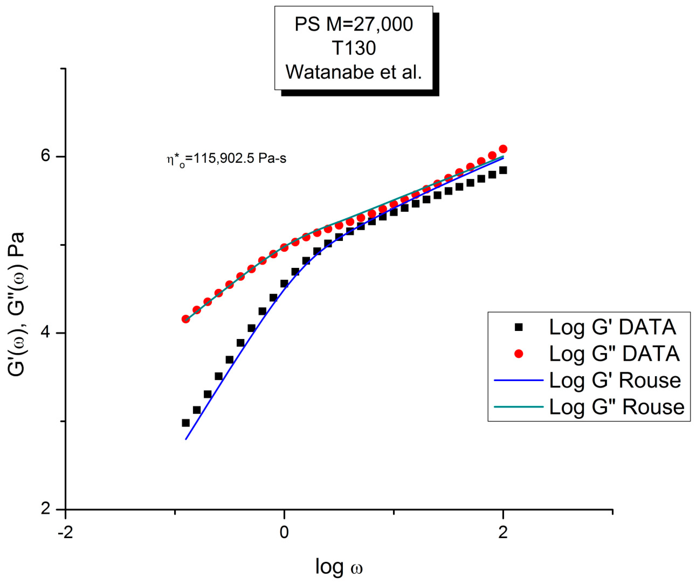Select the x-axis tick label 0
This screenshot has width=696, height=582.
point(284,533)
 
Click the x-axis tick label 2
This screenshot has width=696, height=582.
point(503,533)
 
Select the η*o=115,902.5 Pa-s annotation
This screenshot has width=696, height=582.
point(226,159)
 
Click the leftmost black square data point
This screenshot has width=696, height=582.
point(186,423)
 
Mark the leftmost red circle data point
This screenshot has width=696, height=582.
point(186,319)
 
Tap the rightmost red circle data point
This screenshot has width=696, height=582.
point(503,149)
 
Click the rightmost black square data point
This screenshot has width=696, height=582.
point(503,170)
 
